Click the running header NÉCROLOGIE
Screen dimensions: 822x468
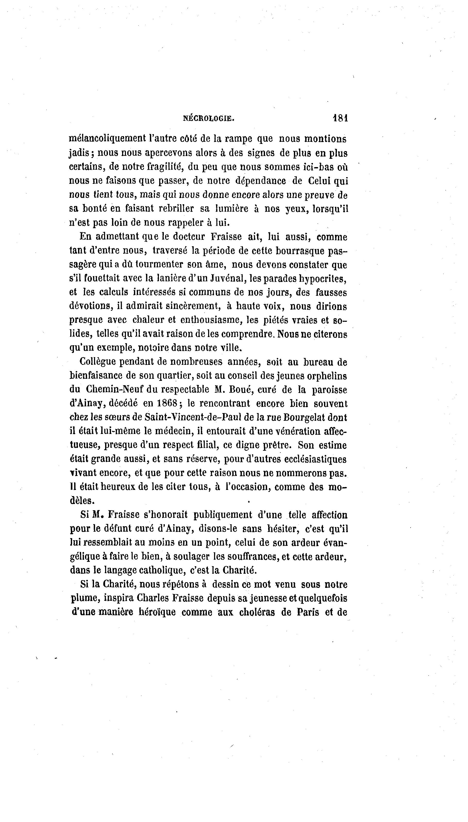tap(209, 118)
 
